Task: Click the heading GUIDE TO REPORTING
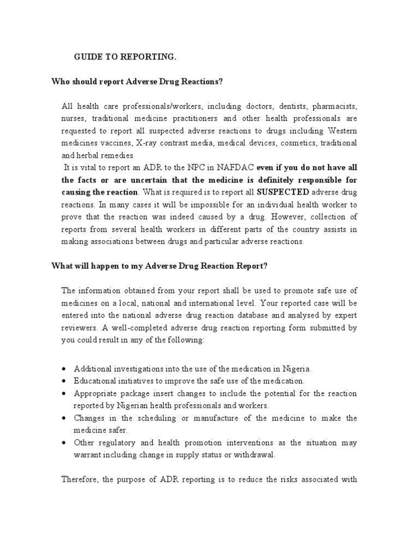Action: [118, 57]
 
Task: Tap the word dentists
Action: [276, 106]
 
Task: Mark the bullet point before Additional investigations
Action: [64, 368]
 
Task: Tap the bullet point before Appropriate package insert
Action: [64, 393]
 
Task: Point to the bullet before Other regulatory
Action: [64, 442]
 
